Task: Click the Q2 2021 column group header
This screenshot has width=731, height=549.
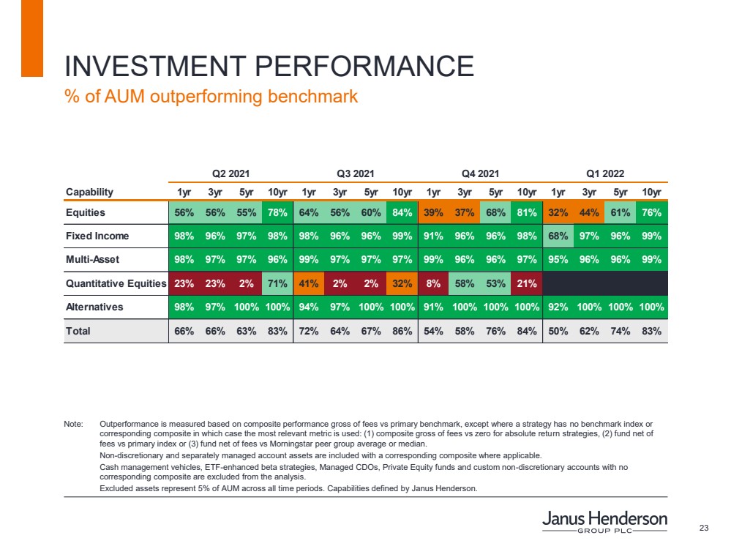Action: (x=231, y=173)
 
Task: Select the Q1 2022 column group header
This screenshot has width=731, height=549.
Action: (x=605, y=173)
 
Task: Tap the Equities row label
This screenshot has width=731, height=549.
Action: (x=86, y=213)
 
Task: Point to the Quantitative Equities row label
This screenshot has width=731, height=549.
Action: (x=116, y=283)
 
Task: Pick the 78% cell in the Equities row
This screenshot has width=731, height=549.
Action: (x=277, y=213)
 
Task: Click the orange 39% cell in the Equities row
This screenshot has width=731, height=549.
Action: (x=433, y=213)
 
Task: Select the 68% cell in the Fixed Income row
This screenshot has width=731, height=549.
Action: (x=558, y=236)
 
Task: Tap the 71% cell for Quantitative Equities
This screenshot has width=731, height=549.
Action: (x=277, y=283)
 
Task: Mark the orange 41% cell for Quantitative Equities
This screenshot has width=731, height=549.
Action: (x=309, y=283)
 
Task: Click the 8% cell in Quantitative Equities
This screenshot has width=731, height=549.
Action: (x=433, y=283)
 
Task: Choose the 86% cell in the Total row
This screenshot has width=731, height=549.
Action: (x=402, y=331)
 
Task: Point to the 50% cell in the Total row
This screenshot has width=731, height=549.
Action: (x=558, y=331)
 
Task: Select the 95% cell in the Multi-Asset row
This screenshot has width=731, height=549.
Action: (x=558, y=259)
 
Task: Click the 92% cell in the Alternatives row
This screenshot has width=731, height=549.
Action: (x=558, y=307)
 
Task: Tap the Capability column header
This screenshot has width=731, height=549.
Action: (x=90, y=193)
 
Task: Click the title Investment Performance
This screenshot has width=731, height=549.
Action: (x=269, y=67)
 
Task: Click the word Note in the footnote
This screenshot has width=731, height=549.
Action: (x=74, y=425)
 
